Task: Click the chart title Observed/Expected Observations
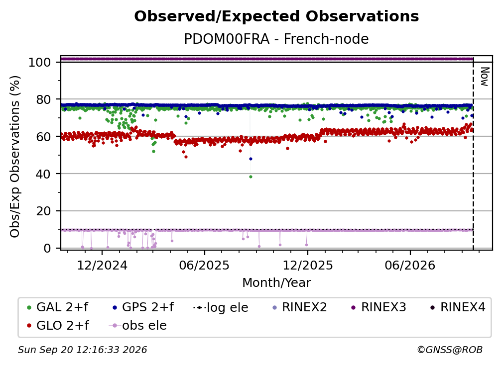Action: pos(276,16)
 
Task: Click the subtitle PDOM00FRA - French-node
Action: pos(276,39)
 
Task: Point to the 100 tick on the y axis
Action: pos(40,62)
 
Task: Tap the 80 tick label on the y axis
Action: pos(43,100)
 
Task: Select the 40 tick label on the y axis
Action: pos(43,174)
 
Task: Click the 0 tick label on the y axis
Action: pos(47,248)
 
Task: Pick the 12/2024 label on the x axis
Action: pos(102,266)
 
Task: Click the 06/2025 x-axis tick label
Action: pos(205,266)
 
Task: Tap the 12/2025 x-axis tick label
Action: pos(308,266)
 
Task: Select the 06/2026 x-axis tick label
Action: pos(410,266)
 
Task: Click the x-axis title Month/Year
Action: pos(276,283)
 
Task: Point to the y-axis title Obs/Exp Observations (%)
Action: pos(15,157)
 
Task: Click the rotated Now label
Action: pos(485,77)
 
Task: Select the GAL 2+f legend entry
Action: pos(58,307)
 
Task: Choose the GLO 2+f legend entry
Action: pos(58,326)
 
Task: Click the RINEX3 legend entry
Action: pos(379,307)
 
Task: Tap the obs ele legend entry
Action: pos(138,326)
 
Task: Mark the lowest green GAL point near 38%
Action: pos(251,177)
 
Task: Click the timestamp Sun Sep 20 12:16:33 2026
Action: pos(83,350)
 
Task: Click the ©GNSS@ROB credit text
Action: pos(450,350)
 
